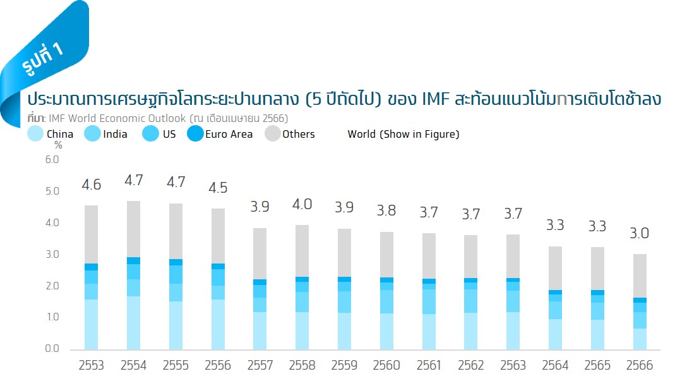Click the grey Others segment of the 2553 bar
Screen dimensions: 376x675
[x=91, y=234]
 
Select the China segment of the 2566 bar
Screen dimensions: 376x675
[x=639, y=339]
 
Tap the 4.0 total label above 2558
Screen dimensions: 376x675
[x=302, y=205]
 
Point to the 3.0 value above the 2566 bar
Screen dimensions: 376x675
[x=639, y=234]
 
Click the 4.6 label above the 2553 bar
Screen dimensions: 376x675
[x=91, y=185]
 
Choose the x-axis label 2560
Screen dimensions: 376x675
[x=386, y=365]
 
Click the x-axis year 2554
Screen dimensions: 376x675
[x=133, y=365]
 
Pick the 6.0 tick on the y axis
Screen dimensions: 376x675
[x=52, y=160]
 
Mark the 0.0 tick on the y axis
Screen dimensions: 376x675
[x=52, y=349]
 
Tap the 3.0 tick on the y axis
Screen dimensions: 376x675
[x=52, y=255]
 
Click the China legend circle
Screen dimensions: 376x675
[x=36, y=134]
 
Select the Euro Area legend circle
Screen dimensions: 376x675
[x=195, y=134]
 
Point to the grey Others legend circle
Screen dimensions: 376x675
[x=272, y=134]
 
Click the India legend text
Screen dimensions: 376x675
[x=115, y=134]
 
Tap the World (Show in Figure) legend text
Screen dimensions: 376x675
[x=403, y=134]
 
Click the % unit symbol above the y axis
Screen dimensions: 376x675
[x=58, y=145]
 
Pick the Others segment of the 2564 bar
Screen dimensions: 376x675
[x=555, y=268]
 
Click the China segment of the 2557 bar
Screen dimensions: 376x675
[x=260, y=331]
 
